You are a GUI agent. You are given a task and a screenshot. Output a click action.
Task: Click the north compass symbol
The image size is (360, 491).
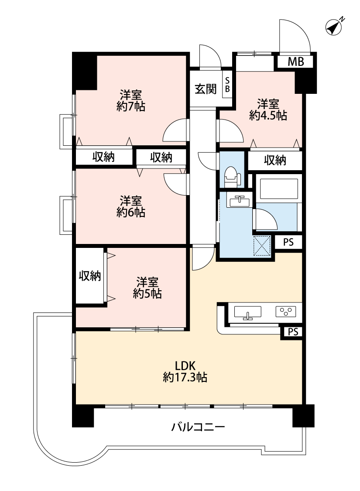(x=334, y=27)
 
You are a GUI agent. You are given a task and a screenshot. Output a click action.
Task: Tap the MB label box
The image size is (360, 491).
(x=295, y=62)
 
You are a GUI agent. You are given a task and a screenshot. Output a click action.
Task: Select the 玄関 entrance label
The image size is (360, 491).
(x=206, y=89)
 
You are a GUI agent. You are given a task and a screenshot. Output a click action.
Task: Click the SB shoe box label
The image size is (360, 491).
(x=227, y=85)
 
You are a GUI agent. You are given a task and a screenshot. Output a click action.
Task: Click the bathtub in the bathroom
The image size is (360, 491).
(x=278, y=189)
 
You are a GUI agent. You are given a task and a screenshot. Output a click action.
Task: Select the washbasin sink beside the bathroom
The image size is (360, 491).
(x=240, y=201)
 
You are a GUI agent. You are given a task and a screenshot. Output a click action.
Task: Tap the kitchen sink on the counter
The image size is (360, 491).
(x=247, y=313)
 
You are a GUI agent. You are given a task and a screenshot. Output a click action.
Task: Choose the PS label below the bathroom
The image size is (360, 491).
(x=288, y=242)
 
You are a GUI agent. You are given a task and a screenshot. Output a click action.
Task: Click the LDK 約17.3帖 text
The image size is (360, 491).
(x=185, y=371)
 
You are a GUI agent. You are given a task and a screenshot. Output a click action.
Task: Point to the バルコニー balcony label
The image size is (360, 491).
(x=198, y=427)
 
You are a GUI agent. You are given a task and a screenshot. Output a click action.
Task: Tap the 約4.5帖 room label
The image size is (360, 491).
(x=268, y=116)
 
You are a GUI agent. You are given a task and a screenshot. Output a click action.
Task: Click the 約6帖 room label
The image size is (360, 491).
(x=131, y=213)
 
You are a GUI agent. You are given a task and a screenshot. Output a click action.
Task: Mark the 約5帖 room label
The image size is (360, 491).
(x=147, y=293)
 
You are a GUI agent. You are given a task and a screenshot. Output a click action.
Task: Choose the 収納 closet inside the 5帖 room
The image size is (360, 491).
(x=90, y=276)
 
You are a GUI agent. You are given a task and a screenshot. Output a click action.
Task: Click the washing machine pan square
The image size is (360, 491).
(x=262, y=246)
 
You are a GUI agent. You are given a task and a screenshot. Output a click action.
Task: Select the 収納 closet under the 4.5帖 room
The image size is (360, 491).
(x=275, y=161)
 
